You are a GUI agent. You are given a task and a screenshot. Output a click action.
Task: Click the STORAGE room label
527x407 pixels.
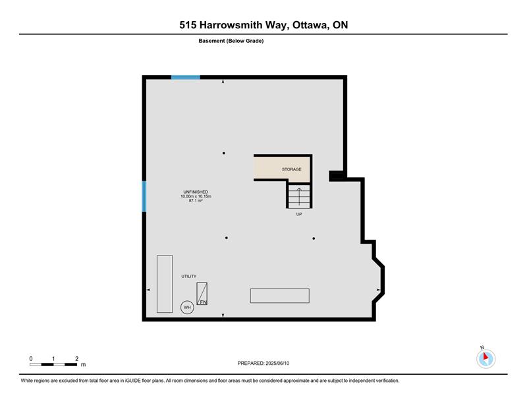tap(291, 169)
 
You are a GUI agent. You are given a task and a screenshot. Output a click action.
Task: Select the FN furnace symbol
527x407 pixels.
tap(202, 294)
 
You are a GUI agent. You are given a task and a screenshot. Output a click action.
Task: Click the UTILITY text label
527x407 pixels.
tap(189, 276)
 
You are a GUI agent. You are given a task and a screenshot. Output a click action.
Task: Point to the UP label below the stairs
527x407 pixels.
tap(299, 214)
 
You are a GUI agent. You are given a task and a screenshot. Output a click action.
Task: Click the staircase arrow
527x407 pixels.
tap(299, 196)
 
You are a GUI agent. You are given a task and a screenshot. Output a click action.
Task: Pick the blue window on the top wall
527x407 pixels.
tap(186, 77)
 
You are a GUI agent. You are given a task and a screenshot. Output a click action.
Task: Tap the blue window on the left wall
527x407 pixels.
tap(144, 197)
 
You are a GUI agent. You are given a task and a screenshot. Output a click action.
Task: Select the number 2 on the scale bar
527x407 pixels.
tap(76, 359)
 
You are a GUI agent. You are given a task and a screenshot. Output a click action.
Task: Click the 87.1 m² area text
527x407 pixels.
tap(196, 201)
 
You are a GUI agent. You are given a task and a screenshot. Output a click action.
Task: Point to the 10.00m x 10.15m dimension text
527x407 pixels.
tap(196, 196)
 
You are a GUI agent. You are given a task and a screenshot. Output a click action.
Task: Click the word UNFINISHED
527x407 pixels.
tap(196, 192)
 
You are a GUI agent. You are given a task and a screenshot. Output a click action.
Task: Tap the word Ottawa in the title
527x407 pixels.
tap(310, 26)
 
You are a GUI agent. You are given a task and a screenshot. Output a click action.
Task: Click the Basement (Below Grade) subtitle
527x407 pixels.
tap(231, 41)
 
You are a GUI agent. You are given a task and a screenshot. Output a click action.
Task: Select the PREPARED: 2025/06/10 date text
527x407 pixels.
tap(263, 364)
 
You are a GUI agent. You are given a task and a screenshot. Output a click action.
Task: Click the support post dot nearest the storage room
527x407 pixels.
tap(224, 153)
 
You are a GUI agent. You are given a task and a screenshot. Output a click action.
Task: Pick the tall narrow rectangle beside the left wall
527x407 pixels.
tap(165, 284)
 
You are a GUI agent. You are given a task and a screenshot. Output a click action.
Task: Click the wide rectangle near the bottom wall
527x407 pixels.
tap(279, 296)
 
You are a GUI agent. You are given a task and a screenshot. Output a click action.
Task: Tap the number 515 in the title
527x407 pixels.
tap(188, 25)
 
